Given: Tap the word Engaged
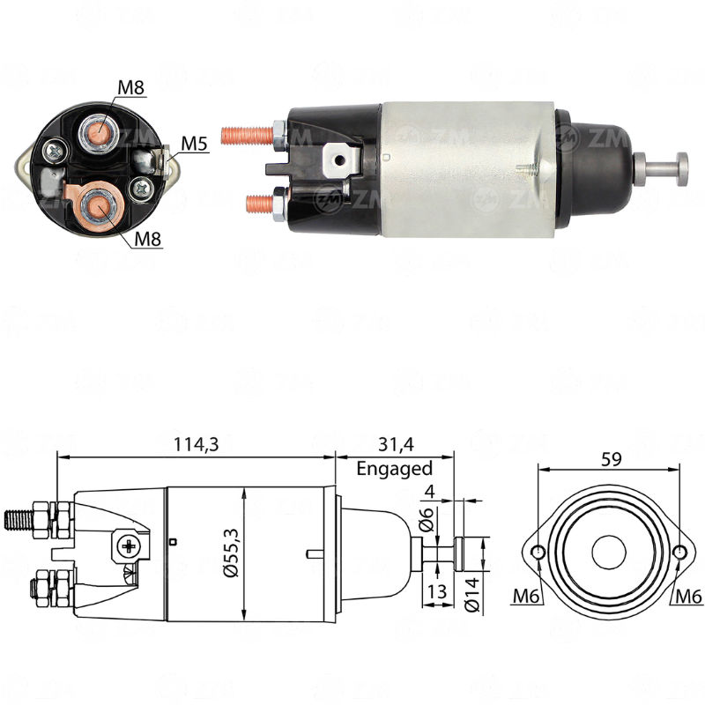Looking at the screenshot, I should [394, 469].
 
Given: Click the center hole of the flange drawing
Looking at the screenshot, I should [608, 553].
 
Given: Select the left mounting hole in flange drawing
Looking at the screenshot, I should [538, 553].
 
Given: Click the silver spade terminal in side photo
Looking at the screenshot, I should [340, 160].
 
